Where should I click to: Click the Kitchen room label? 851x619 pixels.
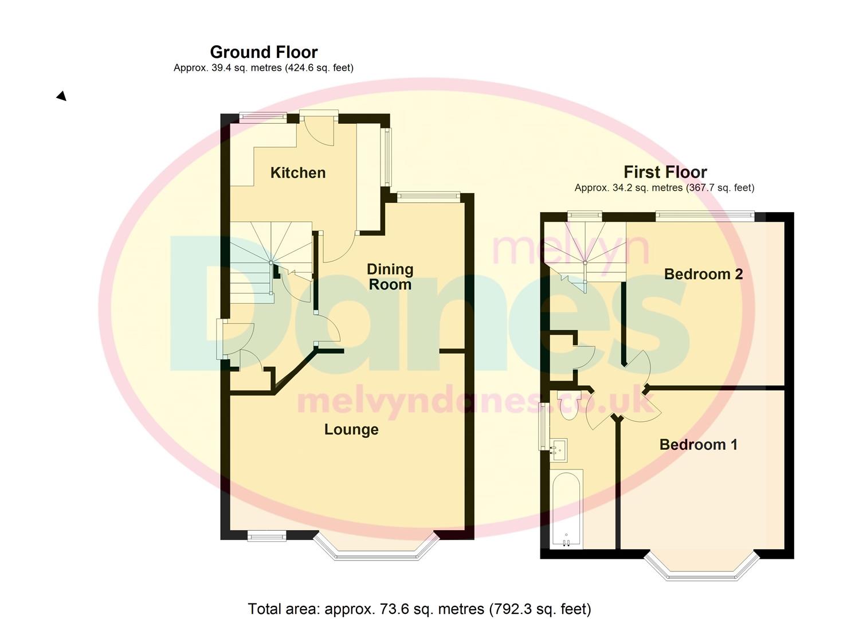298,173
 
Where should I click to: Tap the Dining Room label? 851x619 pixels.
390,277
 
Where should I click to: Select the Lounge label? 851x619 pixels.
351,430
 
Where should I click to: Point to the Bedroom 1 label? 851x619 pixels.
699,445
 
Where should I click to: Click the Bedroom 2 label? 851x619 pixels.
703,274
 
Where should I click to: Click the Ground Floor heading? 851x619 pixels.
264,52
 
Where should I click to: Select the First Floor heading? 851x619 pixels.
665,172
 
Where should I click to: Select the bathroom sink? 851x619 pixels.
559,450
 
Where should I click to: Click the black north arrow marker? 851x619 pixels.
61,96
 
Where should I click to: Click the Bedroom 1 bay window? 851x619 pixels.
701,568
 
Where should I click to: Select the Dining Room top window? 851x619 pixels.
429,197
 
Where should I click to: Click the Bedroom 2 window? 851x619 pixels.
705,216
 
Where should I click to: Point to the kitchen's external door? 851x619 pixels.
319,128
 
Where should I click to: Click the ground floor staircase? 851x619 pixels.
271,263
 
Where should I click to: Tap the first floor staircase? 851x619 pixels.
585,256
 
